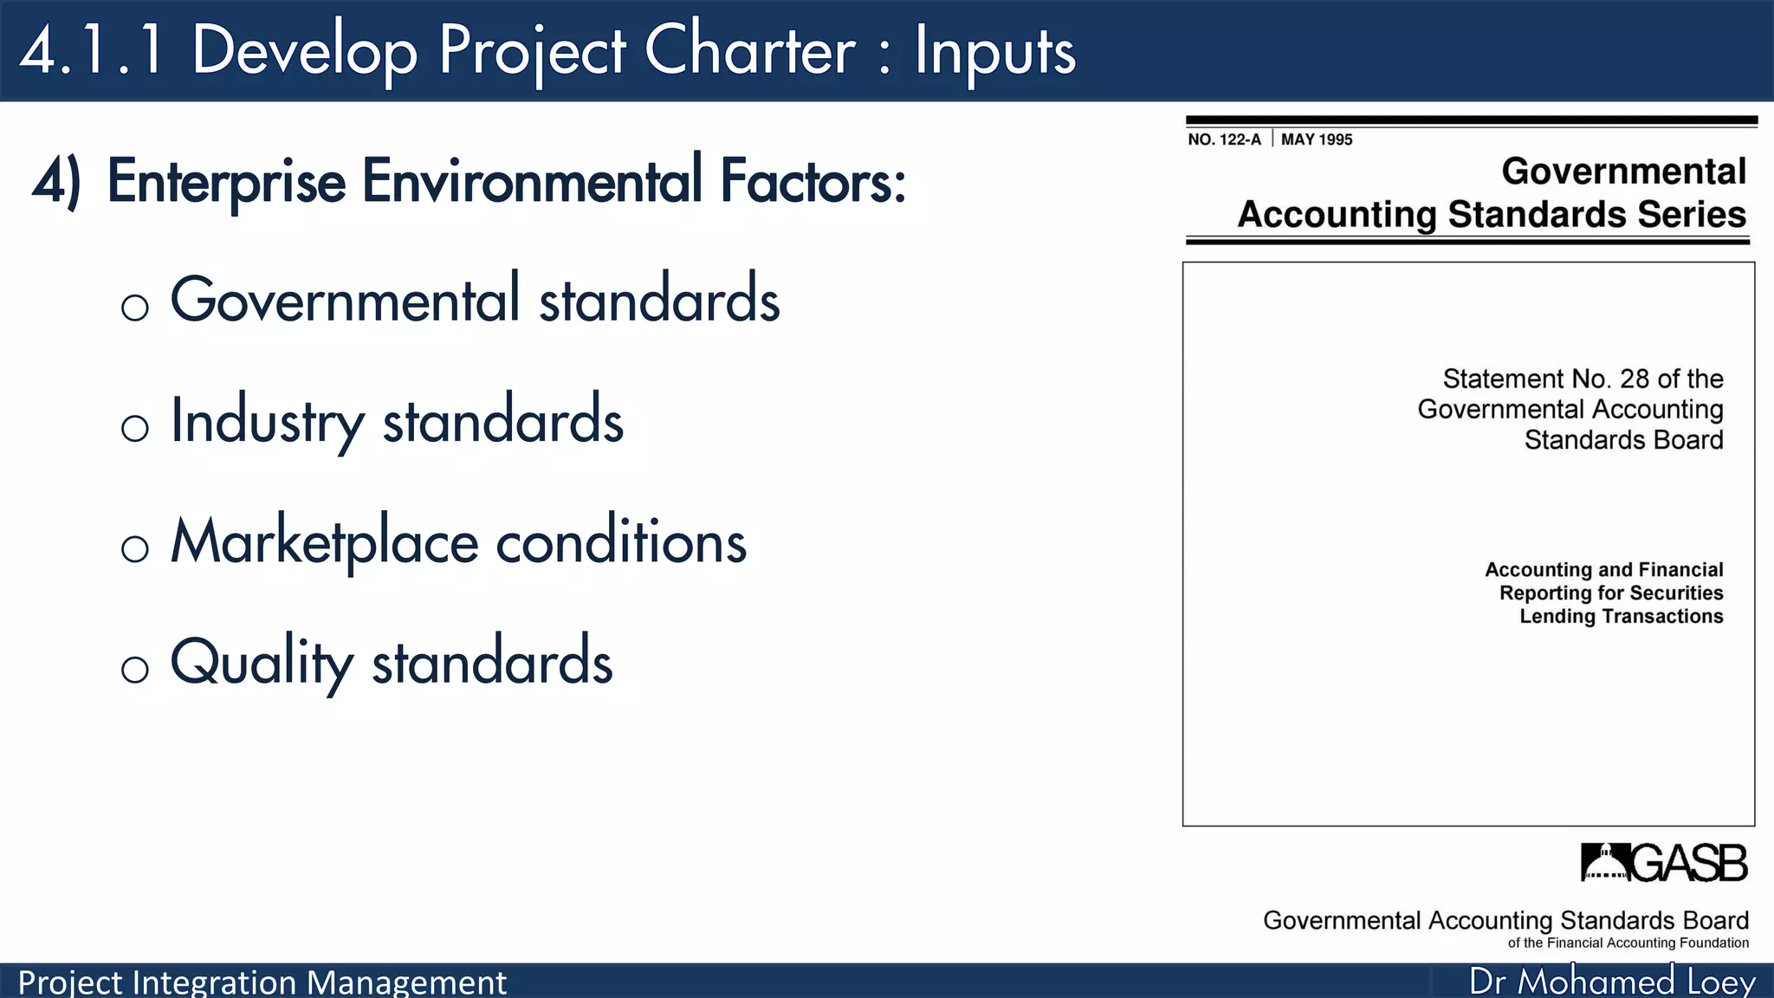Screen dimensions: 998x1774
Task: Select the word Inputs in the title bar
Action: [994, 52]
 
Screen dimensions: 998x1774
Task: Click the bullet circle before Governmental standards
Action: [135, 308]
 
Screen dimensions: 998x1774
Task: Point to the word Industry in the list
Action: [267, 422]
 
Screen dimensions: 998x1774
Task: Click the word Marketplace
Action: [324, 543]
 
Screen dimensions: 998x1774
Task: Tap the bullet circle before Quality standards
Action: [135, 670]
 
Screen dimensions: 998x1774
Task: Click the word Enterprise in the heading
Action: [226, 183]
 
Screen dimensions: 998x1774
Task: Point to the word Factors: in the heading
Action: [813, 183]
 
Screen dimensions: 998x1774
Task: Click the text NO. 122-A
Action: [1224, 139]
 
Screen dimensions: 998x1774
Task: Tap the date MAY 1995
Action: [1316, 139]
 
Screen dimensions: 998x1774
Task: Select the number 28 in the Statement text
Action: [1634, 379]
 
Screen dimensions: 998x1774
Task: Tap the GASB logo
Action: [1663, 863]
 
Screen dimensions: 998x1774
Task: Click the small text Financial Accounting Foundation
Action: [1647, 943]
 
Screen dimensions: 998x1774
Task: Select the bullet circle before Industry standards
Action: [135, 428]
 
